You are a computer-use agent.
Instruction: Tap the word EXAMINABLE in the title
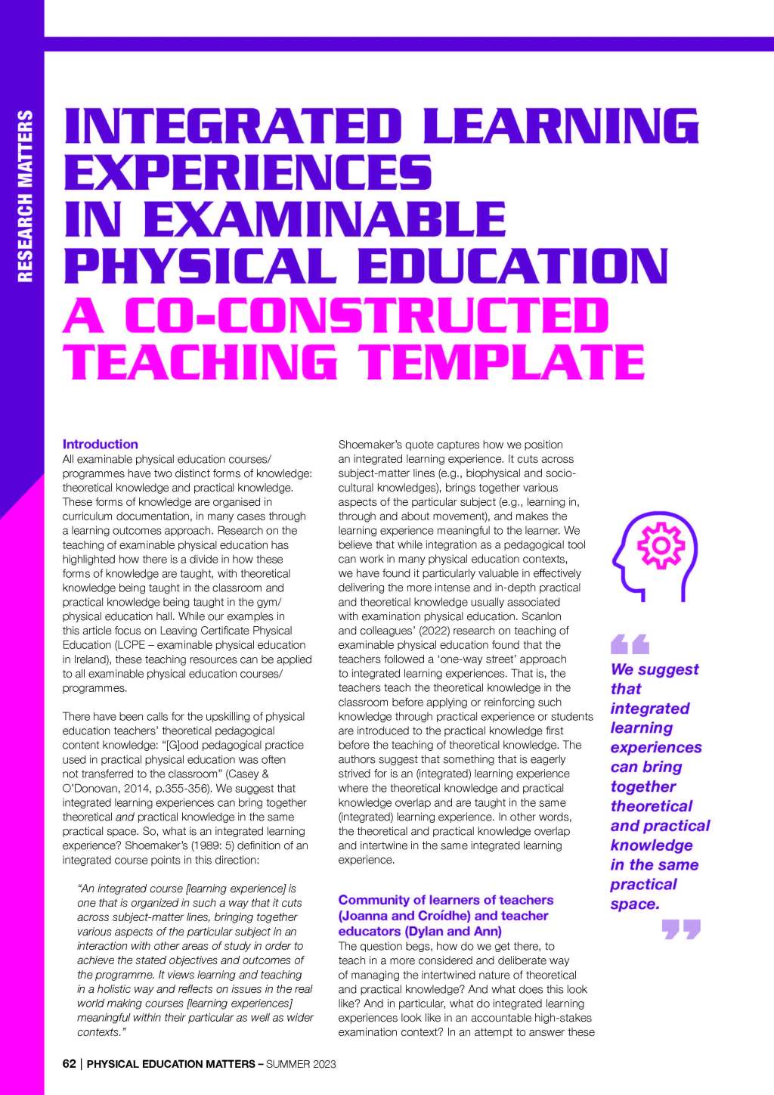tap(324, 219)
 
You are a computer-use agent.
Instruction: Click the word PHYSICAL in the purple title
tap(201, 266)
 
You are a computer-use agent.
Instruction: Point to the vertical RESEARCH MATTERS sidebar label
tap(25, 197)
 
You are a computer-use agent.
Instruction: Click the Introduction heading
tap(100, 445)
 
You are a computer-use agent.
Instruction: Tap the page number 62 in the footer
tap(69, 1064)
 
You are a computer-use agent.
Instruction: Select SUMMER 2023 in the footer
tap(301, 1064)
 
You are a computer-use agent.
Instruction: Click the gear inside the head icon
tap(660, 545)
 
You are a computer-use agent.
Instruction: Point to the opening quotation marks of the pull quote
tap(630, 644)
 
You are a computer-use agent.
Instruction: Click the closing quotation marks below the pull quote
tap(681, 929)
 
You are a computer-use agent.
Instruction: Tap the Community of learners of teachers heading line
tap(445, 900)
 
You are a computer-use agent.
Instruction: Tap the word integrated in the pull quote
tap(649, 709)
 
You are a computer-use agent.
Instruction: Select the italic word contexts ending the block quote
tap(98, 1032)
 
